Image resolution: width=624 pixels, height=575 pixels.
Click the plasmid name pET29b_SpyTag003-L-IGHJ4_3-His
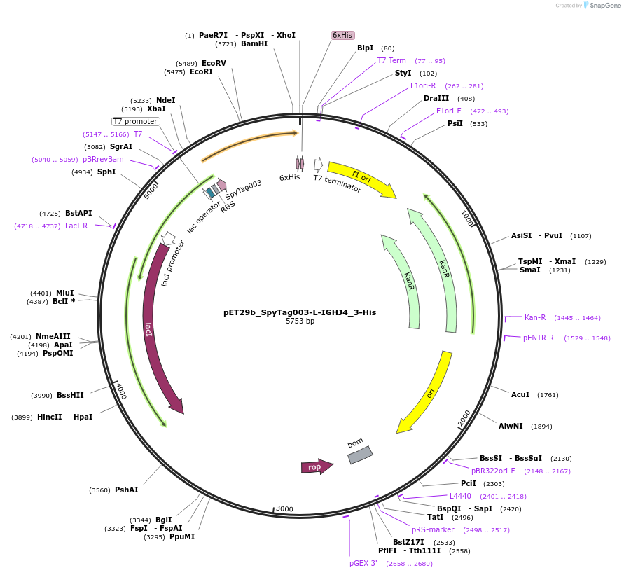pyautogui.click(x=300, y=312)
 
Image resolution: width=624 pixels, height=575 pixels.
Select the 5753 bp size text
pyautogui.click(x=300, y=321)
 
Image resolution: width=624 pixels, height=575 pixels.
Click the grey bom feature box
pyautogui.click(x=360, y=455)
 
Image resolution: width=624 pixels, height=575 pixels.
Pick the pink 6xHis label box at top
pyautogui.click(x=342, y=35)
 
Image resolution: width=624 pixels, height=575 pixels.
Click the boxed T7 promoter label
pyautogui.click(x=136, y=121)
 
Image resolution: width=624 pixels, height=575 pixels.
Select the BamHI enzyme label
pyautogui.click(x=254, y=43)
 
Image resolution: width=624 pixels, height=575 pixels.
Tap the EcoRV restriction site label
pyautogui.click(x=214, y=63)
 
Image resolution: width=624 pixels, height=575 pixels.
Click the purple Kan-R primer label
pyautogui.click(x=535, y=318)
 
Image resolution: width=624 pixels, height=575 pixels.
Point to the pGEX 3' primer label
pyautogui.click(x=363, y=563)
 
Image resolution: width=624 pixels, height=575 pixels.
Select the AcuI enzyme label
pyautogui.click(x=520, y=395)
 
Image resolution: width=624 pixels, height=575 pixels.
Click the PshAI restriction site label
pyautogui.click(x=127, y=490)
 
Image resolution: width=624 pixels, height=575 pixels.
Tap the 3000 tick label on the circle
pyautogui.click(x=284, y=508)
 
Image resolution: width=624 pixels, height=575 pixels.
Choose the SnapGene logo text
pyautogui.click(x=603, y=6)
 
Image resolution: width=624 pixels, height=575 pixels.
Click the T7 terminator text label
pyautogui.click(x=338, y=183)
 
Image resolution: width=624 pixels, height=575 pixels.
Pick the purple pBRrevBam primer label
pyautogui.click(x=103, y=160)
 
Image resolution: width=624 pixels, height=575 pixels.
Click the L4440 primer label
pyautogui.click(x=460, y=496)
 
